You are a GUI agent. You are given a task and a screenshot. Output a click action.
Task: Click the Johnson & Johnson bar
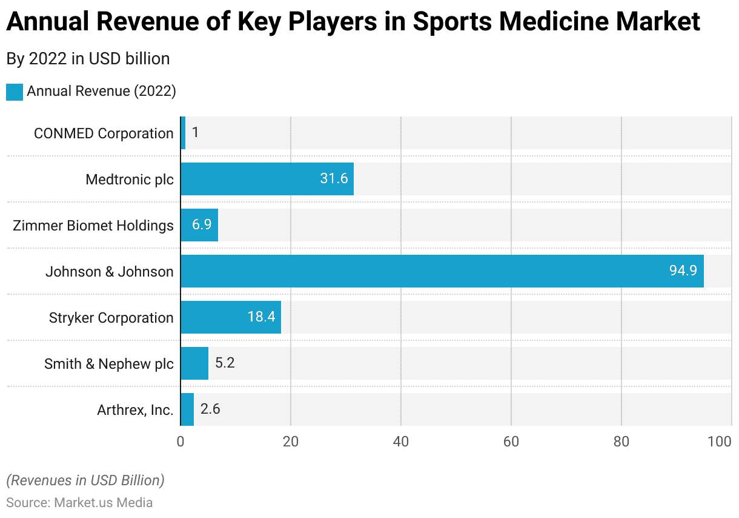click(x=442, y=271)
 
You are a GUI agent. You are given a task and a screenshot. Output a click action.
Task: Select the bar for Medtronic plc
click(x=267, y=179)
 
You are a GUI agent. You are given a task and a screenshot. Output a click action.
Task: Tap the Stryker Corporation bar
click(x=231, y=317)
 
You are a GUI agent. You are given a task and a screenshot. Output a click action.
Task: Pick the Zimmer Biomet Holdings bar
click(x=199, y=225)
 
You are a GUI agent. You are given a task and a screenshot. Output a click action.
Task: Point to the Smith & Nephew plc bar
click(x=194, y=363)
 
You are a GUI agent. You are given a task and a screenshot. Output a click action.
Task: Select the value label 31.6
click(x=334, y=179)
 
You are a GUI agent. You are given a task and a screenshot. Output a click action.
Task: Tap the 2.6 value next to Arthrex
click(x=210, y=409)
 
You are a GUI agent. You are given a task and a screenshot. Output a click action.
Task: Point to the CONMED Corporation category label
click(x=104, y=133)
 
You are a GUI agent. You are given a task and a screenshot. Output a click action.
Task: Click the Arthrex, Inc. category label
click(x=135, y=410)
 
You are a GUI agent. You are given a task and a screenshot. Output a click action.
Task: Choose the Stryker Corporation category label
click(x=111, y=318)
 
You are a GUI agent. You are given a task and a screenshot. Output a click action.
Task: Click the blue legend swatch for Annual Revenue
click(x=15, y=92)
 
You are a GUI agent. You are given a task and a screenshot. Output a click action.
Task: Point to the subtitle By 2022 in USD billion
click(x=88, y=59)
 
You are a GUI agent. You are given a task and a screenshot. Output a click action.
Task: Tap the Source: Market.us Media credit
click(x=79, y=503)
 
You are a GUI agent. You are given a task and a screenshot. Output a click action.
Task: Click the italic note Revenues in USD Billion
click(x=85, y=480)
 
